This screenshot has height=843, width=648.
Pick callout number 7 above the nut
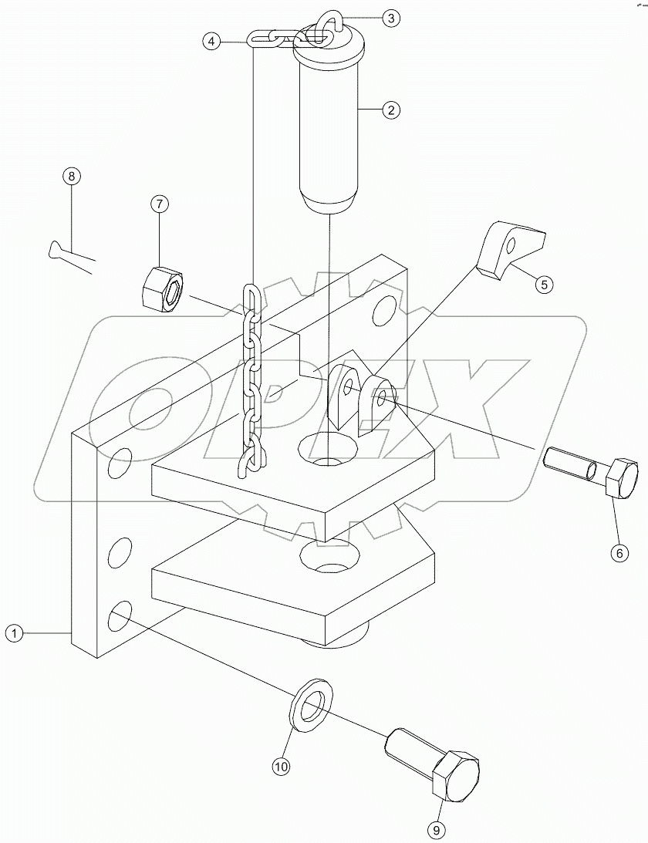[x=159, y=204]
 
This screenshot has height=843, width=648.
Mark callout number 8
[x=70, y=177]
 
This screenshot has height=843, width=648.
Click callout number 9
[x=437, y=829]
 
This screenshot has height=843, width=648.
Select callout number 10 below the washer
[x=280, y=766]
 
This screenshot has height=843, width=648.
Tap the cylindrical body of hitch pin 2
[x=329, y=131]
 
